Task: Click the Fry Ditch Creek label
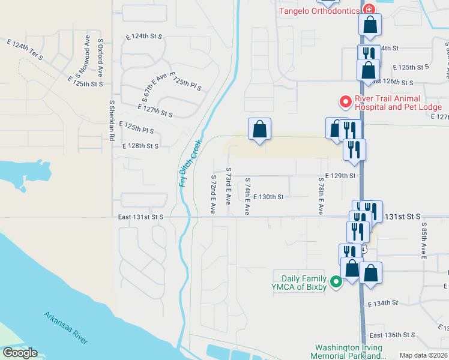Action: pyautogui.click(x=189, y=168)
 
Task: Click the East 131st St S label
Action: pyautogui.click(x=140, y=217)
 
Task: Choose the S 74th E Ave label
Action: pyautogui.click(x=247, y=196)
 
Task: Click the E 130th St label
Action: pyautogui.click(x=268, y=196)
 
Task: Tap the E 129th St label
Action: pyautogui.click(x=340, y=176)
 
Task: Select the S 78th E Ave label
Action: pyautogui.click(x=321, y=200)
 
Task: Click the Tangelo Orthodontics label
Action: pyautogui.click(x=318, y=11)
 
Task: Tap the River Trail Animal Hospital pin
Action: pyautogui.click(x=345, y=102)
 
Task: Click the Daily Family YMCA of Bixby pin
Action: pyautogui.click(x=336, y=281)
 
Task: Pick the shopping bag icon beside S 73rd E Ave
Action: pyautogui.click(x=259, y=129)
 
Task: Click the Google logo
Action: pyautogui.click(x=19, y=353)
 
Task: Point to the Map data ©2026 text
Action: pyautogui.click(x=424, y=355)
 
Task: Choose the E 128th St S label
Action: pyautogui.click(x=140, y=146)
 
